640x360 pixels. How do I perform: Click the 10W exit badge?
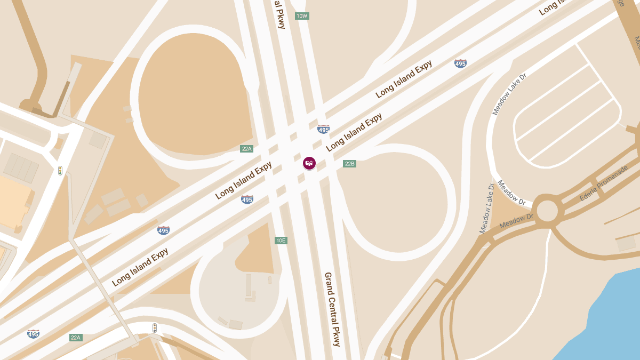click(302, 16)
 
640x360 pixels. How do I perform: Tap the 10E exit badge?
click(281, 241)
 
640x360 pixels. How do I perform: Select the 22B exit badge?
click(349, 164)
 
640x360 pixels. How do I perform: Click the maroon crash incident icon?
click(309, 163)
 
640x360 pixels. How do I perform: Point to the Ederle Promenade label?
click(603, 183)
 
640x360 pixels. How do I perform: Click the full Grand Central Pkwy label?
click(332, 309)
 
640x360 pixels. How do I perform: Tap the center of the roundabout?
click(547, 211)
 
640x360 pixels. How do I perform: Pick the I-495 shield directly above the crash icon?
click(323, 129)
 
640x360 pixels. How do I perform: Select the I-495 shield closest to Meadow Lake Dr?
click(460, 63)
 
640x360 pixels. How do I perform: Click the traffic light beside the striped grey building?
click(60, 171)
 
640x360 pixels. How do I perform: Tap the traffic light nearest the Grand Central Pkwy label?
click(155, 328)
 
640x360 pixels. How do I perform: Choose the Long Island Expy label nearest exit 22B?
click(354, 132)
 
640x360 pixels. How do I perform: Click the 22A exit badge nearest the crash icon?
click(246, 149)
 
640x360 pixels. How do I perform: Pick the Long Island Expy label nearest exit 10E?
click(244, 180)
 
